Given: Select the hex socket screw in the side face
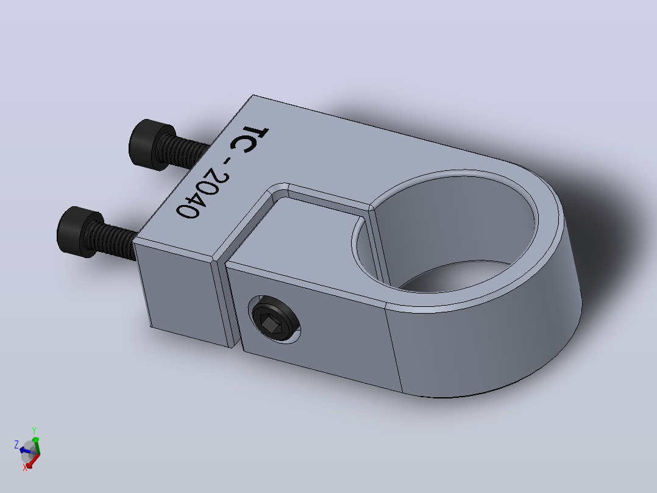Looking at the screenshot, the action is (274, 319).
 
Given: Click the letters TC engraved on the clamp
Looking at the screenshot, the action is (250, 139).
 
